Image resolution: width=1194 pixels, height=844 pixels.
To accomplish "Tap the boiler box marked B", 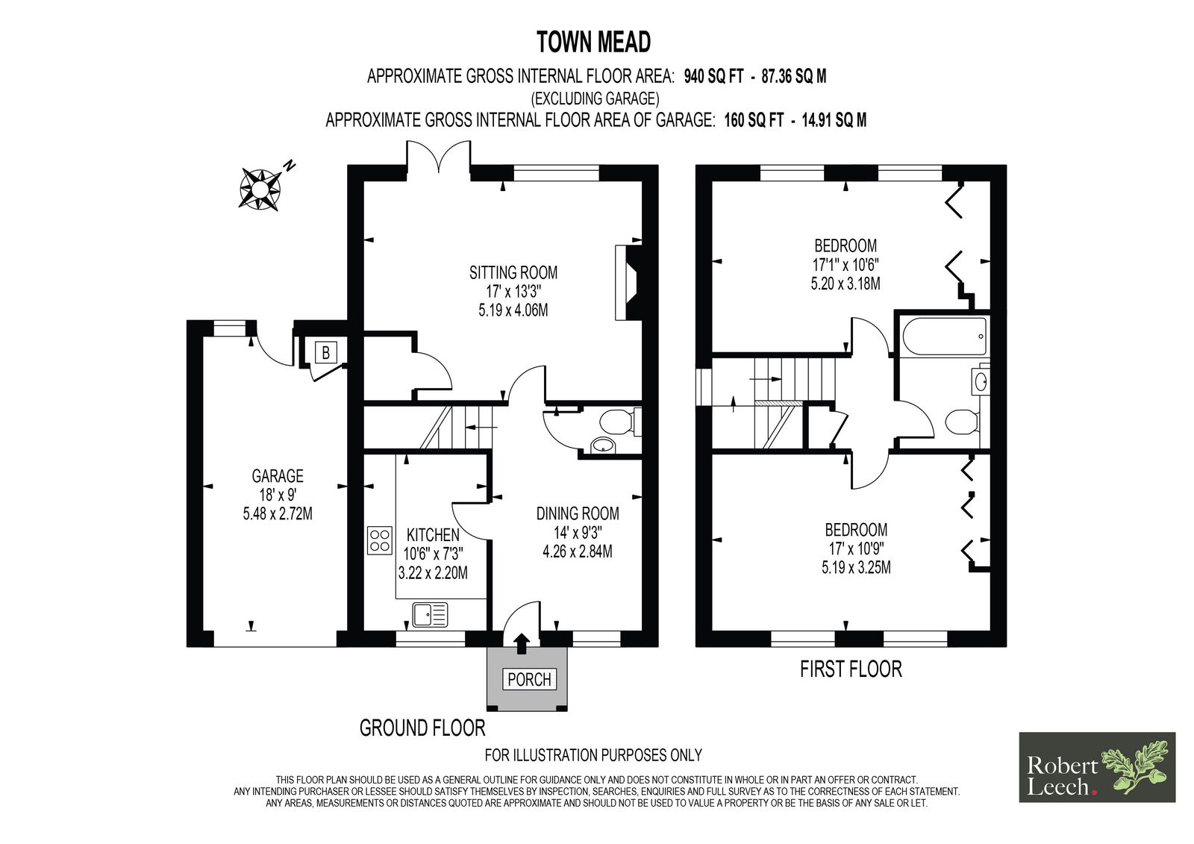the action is point(325,352).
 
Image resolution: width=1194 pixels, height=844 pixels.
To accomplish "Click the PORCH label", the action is point(529,679).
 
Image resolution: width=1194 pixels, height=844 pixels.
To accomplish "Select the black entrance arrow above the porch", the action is point(522,643).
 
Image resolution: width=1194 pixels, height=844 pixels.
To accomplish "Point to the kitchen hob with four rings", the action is point(380,540).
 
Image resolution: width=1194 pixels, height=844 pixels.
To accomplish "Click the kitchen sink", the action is point(430,615).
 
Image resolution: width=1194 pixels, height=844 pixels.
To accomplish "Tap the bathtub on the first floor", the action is point(945,337).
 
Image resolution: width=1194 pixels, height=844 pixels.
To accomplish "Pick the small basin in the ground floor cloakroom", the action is point(603,446).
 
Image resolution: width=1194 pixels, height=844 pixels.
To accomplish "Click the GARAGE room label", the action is point(278,475).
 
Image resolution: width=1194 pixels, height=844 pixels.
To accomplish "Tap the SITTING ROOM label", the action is point(513,272).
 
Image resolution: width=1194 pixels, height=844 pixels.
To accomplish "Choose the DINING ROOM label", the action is point(578,513).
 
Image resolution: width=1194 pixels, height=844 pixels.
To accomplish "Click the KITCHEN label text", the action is point(433,535).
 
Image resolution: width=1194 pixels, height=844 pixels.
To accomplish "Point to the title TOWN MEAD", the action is point(593,42).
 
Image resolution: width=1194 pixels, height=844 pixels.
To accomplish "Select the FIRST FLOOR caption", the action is point(851,669).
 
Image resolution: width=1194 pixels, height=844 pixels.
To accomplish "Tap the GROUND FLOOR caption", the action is point(422,728).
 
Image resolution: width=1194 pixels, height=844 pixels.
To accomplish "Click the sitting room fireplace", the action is point(628,283).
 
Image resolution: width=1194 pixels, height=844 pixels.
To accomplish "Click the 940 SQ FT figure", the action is point(713,77).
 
